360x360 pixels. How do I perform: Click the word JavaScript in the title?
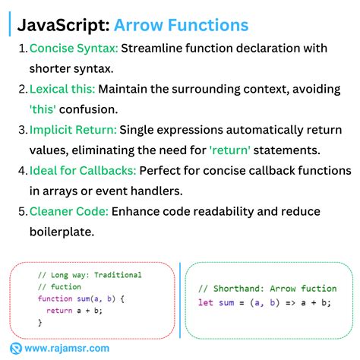62,26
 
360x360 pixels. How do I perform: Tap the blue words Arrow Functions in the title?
181,26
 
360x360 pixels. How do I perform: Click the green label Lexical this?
62,89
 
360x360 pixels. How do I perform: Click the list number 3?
22,129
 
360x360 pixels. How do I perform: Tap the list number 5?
22,210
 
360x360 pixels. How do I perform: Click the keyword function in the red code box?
54,298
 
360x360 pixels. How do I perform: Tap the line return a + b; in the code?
74,311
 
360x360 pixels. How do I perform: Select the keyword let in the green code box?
205,303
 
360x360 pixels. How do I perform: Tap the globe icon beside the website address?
16,349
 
